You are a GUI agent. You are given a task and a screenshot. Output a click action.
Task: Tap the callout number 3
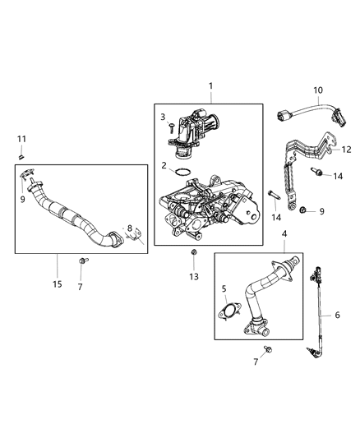pyautogui.click(x=163, y=118)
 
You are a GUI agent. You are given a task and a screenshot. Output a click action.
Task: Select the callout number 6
pyautogui.click(x=336, y=314)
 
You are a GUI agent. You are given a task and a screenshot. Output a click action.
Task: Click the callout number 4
pyautogui.click(x=284, y=235)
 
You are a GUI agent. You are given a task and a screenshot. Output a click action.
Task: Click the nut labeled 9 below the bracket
pyautogui.click(x=303, y=211)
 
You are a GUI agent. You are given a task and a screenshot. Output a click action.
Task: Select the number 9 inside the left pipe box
pyautogui.click(x=23, y=198)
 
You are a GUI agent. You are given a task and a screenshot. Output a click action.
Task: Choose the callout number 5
pyautogui.click(x=222, y=288)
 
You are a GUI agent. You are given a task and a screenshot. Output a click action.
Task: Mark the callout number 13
pyautogui.click(x=194, y=277)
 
